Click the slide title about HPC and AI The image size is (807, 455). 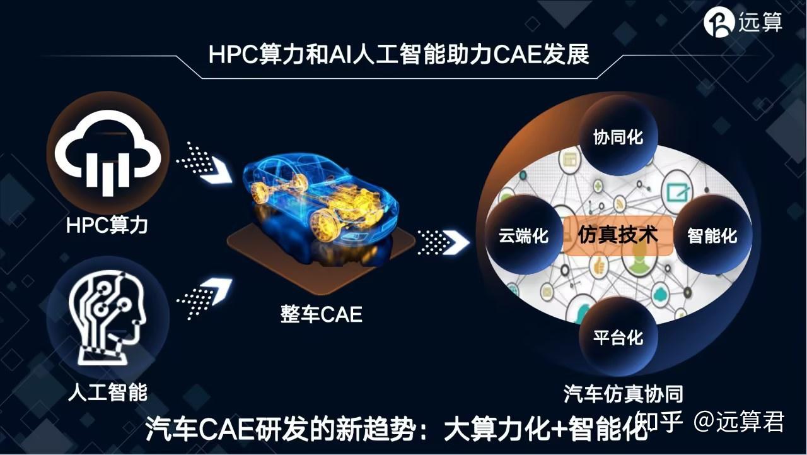tap(398, 54)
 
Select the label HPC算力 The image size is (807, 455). tap(107, 224)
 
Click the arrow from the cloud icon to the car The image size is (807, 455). tap(203, 163)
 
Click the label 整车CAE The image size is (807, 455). tap(322, 314)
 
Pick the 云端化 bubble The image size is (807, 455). tap(523, 235)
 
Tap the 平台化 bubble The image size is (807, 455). tap(618, 336)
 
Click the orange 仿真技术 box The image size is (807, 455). tap(618, 235)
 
